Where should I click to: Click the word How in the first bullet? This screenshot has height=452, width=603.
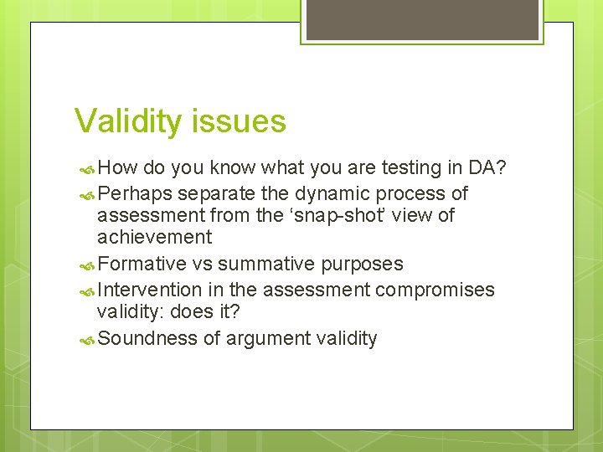[117, 168]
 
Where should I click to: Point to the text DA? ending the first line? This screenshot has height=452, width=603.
[487, 168]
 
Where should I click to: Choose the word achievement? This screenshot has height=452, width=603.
[154, 238]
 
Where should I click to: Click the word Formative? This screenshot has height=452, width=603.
[142, 265]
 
